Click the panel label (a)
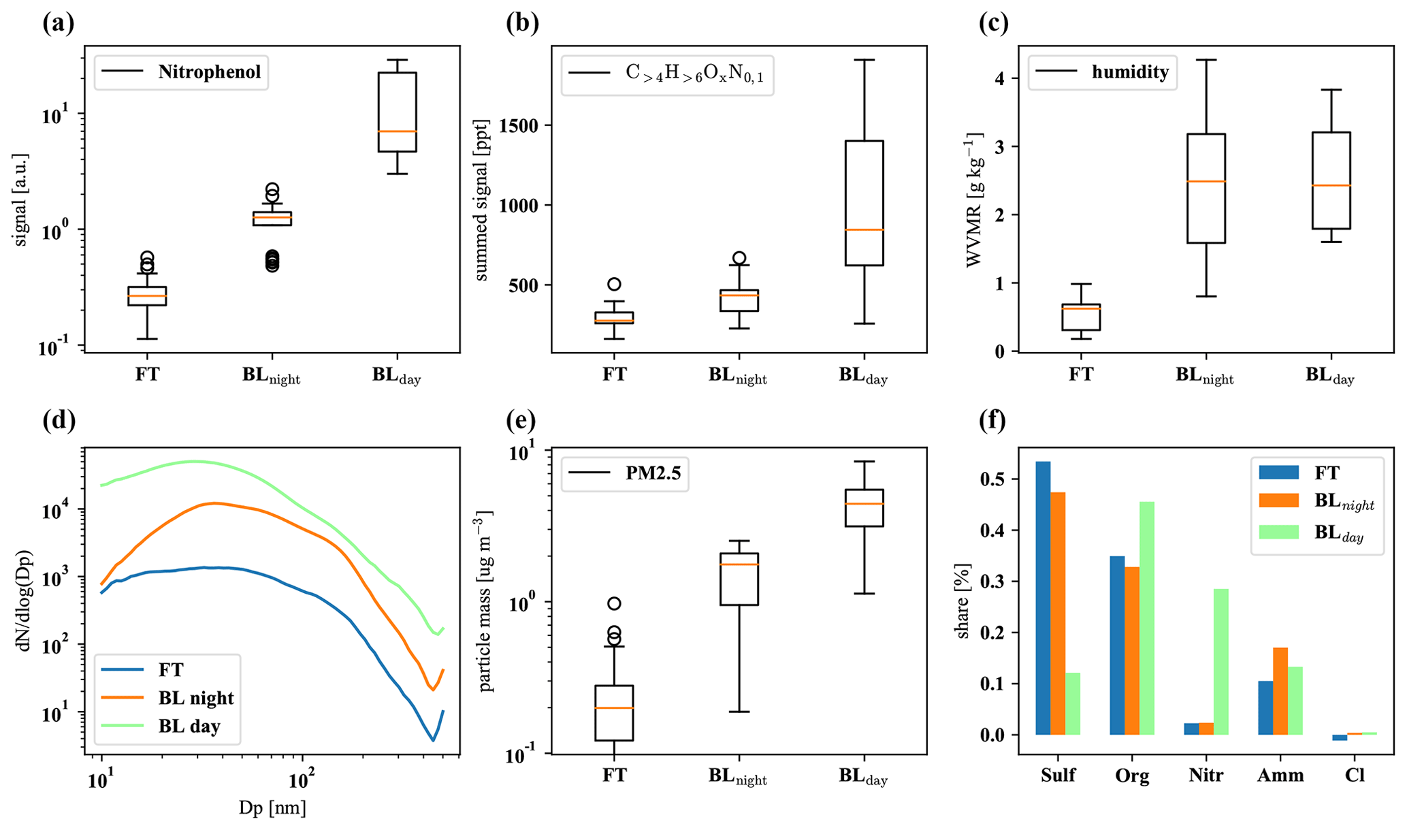click(58, 24)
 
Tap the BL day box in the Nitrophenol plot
click(397, 112)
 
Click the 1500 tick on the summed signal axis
click(520, 126)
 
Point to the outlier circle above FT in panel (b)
click(614, 284)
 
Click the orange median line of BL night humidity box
click(1206, 181)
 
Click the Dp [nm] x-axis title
click(272, 808)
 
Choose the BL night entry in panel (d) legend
click(196, 698)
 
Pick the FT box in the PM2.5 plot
click(614, 712)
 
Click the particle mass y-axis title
click(485, 601)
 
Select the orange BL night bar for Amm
click(1280, 691)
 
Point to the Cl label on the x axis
click(1355, 776)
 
